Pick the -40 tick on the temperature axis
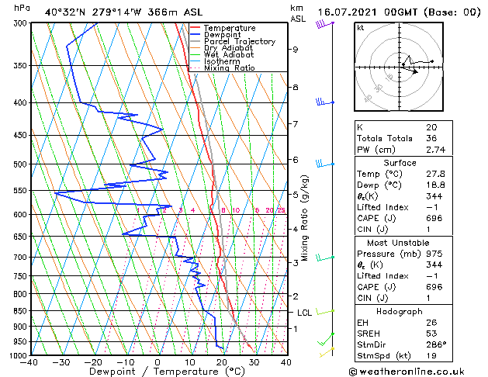[x=29, y=362]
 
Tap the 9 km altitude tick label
[x=295, y=50]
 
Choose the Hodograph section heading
[x=400, y=310]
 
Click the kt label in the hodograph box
[x=361, y=27]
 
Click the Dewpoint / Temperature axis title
[x=157, y=372]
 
